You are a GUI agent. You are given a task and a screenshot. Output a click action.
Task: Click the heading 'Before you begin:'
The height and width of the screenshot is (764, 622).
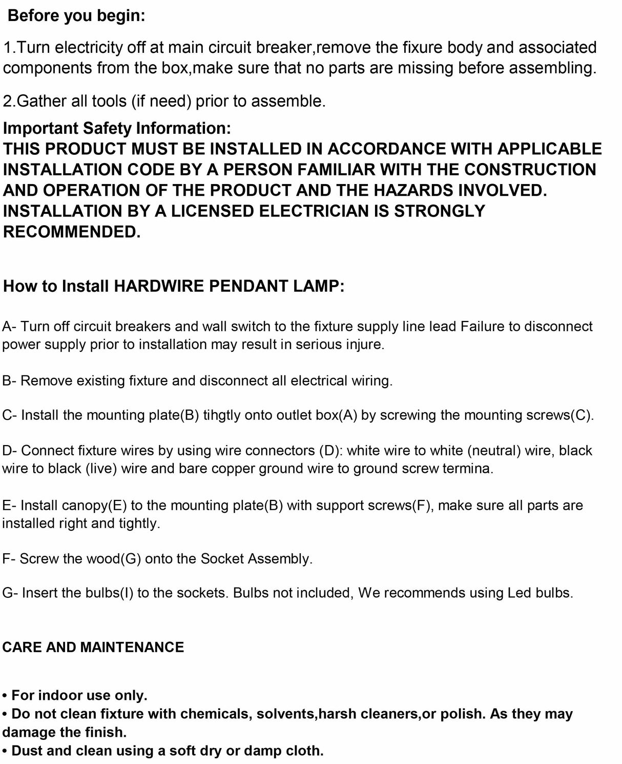click(77, 16)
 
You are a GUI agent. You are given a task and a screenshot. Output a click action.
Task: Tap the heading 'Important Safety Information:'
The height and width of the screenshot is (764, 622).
click(117, 128)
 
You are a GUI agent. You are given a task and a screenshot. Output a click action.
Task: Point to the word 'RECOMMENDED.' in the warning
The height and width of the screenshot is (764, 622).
click(72, 232)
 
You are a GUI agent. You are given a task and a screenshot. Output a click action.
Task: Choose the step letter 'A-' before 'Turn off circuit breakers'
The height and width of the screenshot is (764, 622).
click(10, 327)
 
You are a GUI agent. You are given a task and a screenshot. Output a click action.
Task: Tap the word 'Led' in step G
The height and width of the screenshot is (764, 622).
click(520, 593)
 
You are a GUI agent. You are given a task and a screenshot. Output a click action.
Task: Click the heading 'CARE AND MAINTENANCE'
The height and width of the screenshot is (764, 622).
click(93, 647)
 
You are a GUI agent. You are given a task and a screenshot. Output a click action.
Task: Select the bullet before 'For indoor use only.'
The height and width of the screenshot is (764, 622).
click(5, 696)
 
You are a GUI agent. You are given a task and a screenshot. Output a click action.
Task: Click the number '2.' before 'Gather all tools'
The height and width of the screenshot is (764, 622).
click(10, 101)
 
